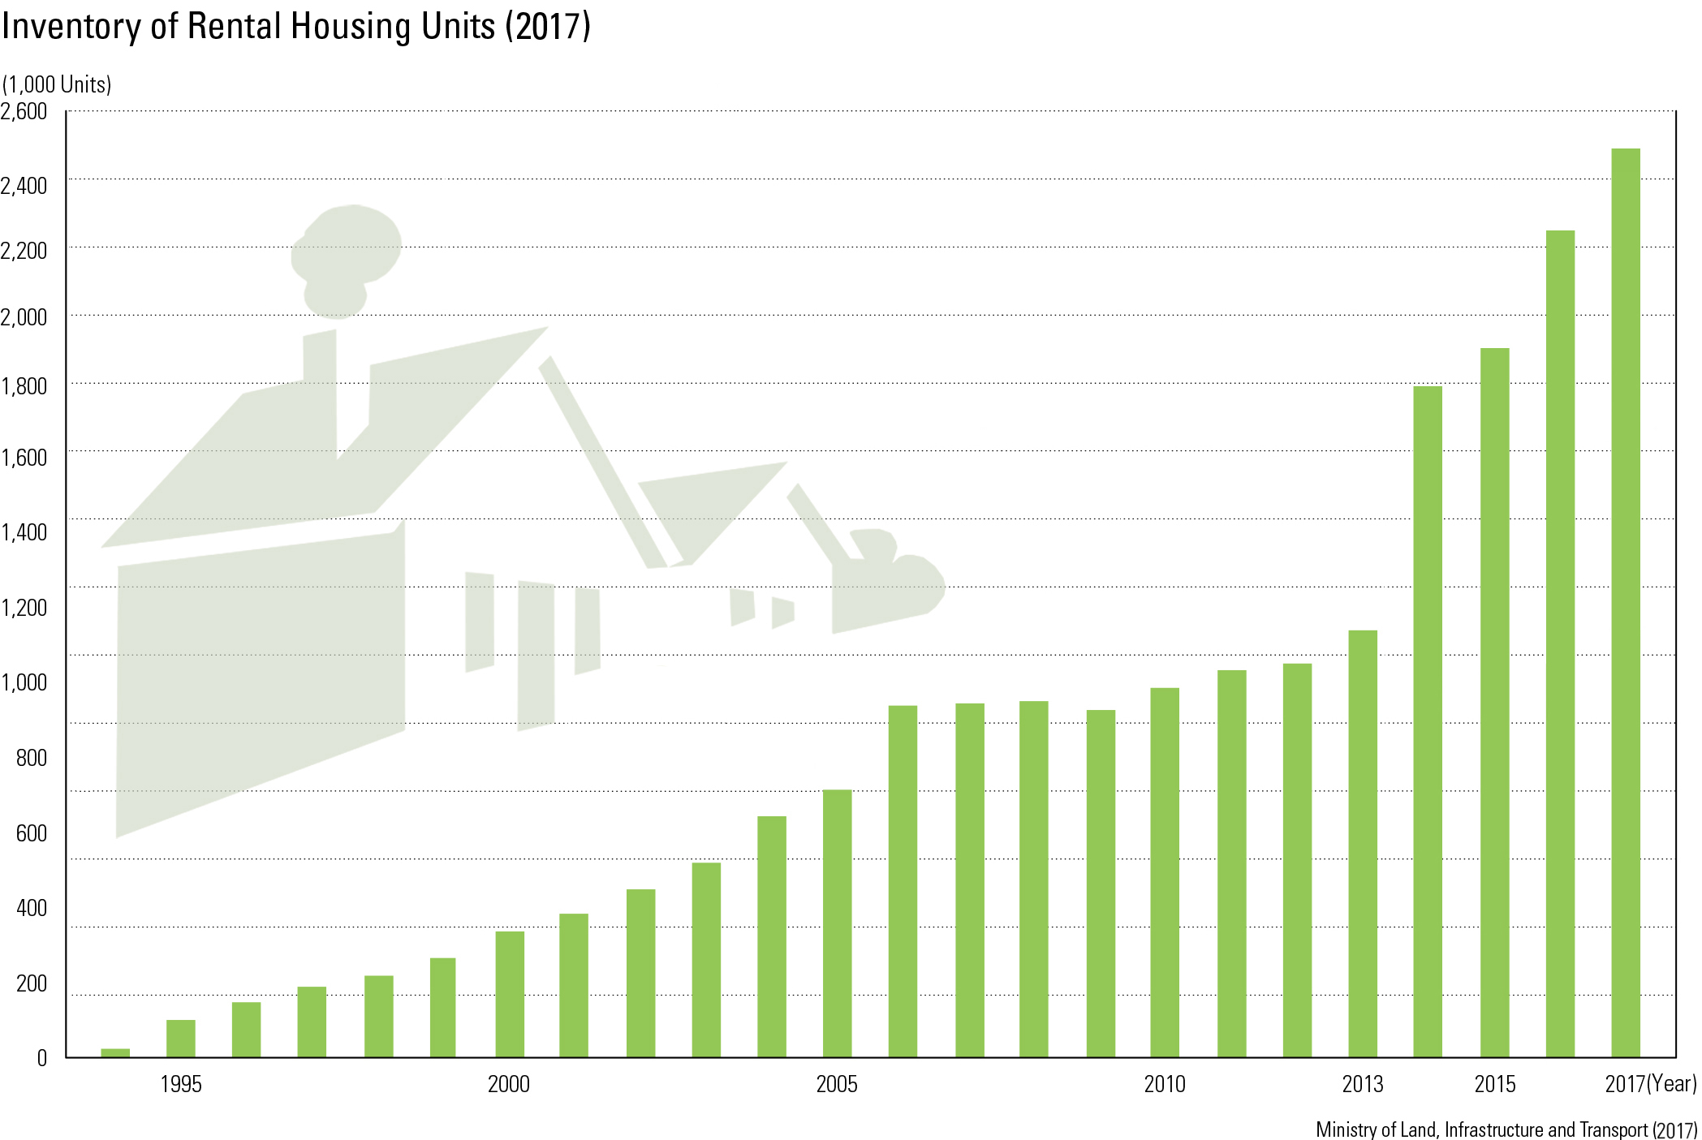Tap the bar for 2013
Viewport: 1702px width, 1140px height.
pyautogui.click(x=1363, y=843)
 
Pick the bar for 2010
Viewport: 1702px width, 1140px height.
pyautogui.click(x=1165, y=872)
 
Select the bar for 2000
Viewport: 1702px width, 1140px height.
pyautogui.click(x=510, y=993)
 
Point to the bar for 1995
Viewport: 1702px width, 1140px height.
pyautogui.click(x=181, y=1038)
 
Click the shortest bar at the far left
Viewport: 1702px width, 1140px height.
pyautogui.click(x=115, y=1052)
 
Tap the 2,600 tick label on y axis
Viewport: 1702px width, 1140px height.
pyautogui.click(x=24, y=111)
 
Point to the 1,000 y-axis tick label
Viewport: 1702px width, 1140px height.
pyautogui.click(x=24, y=682)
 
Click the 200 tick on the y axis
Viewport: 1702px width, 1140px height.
pyautogui.click(x=32, y=983)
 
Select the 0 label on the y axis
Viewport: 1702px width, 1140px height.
pyautogui.click(x=41, y=1058)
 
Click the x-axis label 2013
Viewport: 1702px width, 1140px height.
pyautogui.click(x=1363, y=1084)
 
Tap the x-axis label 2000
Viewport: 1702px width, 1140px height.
pyautogui.click(x=509, y=1084)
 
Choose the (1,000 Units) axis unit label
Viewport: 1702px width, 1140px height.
pyautogui.click(x=57, y=84)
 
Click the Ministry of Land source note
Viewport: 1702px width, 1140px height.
pyautogui.click(x=1506, y=1129)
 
